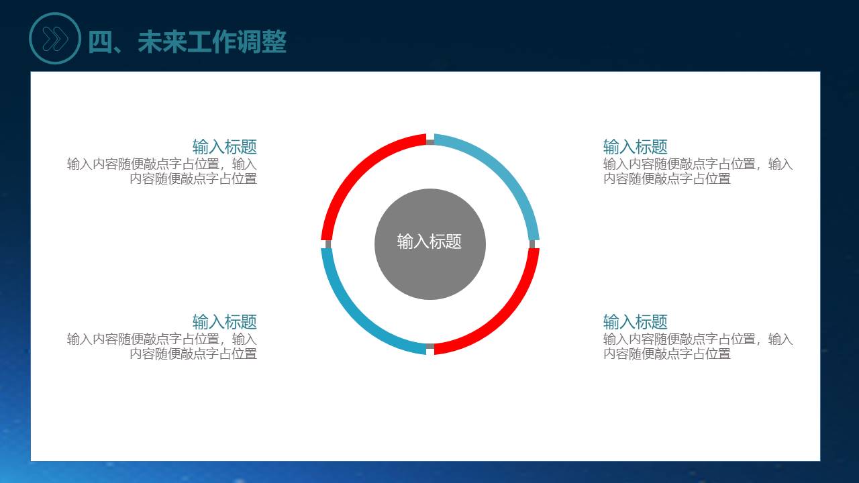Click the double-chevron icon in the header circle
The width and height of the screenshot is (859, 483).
pyautogui.click(x=55, y=39)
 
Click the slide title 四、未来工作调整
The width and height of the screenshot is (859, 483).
pyautogui.click(x=187, y=42)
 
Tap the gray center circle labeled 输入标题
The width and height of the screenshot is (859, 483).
pyautogui.click(x=430, y=244)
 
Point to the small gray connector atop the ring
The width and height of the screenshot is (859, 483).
pyautogui.click(x=430, y=142)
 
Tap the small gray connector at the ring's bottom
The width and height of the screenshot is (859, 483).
pyautogui.click(x=430, y=346)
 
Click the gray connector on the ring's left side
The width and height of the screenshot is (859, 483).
pyautogui.click(x=328, y=244)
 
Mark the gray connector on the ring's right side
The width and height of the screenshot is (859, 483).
pyautogui.click(x=532, y=244)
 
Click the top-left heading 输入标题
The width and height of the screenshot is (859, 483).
pyautogui.click(x=224, y=147)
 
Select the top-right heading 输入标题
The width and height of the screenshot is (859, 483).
pyautogui.click(x=635, y=147)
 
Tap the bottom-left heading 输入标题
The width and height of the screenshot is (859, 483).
pyautogui.click(x=224, y=322)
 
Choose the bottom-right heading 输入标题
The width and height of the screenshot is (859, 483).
pyautogui.click(x=635, y=322)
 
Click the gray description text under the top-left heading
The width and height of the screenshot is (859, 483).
pyautogui.click(x=162, y=171)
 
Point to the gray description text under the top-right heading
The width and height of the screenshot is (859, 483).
pyautogui.click(x=697, y=171)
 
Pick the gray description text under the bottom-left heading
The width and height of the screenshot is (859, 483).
pyautogui.click(x=162, y=346)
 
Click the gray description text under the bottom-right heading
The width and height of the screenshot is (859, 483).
pyautogui.click(x=697, y=346)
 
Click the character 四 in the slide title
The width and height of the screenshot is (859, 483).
pyautogui.click(x=100, y=42)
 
